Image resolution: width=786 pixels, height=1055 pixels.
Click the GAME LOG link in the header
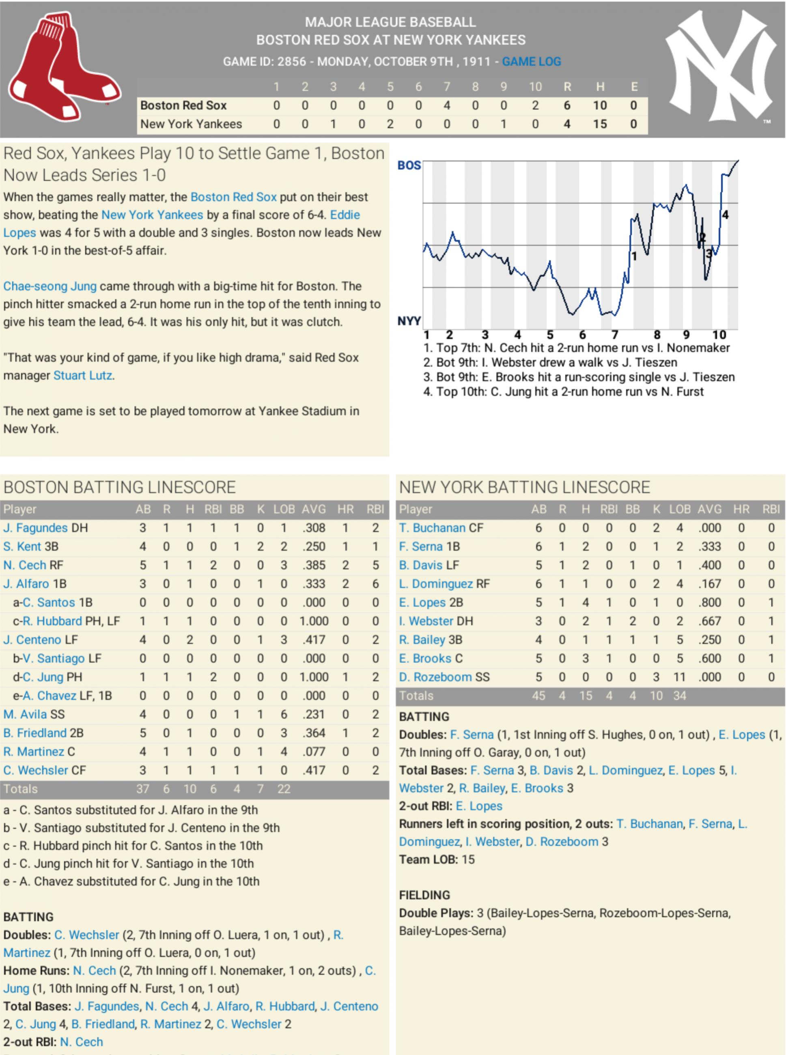(x=531, y=62)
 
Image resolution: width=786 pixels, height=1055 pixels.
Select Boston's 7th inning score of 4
(x=447, y=105)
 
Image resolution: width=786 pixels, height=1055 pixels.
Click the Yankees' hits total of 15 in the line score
(x=599, y=125)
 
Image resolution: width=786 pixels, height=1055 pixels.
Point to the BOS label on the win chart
(x=409, y=165)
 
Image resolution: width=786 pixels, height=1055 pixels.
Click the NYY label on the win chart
(x=409, y=321)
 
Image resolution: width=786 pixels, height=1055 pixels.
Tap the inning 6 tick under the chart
(x=582, y=335)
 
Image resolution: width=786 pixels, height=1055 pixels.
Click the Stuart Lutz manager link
(x=83, y=376)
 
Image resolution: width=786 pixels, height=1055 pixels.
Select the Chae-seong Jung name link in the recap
(x=50, y=286)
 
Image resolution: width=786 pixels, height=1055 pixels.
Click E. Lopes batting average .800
(x=709, y=603)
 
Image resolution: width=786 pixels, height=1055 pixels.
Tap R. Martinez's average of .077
(x=314, y=752)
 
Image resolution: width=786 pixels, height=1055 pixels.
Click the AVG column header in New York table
(x=709, y=509)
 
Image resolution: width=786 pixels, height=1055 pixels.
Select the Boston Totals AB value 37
(x=143, y=789)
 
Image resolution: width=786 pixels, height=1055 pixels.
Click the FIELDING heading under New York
(x=424, y=895)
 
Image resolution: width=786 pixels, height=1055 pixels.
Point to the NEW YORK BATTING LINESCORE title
(x=524, y=488)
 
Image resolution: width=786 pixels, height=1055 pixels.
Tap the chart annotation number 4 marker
(x=725, y=215)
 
